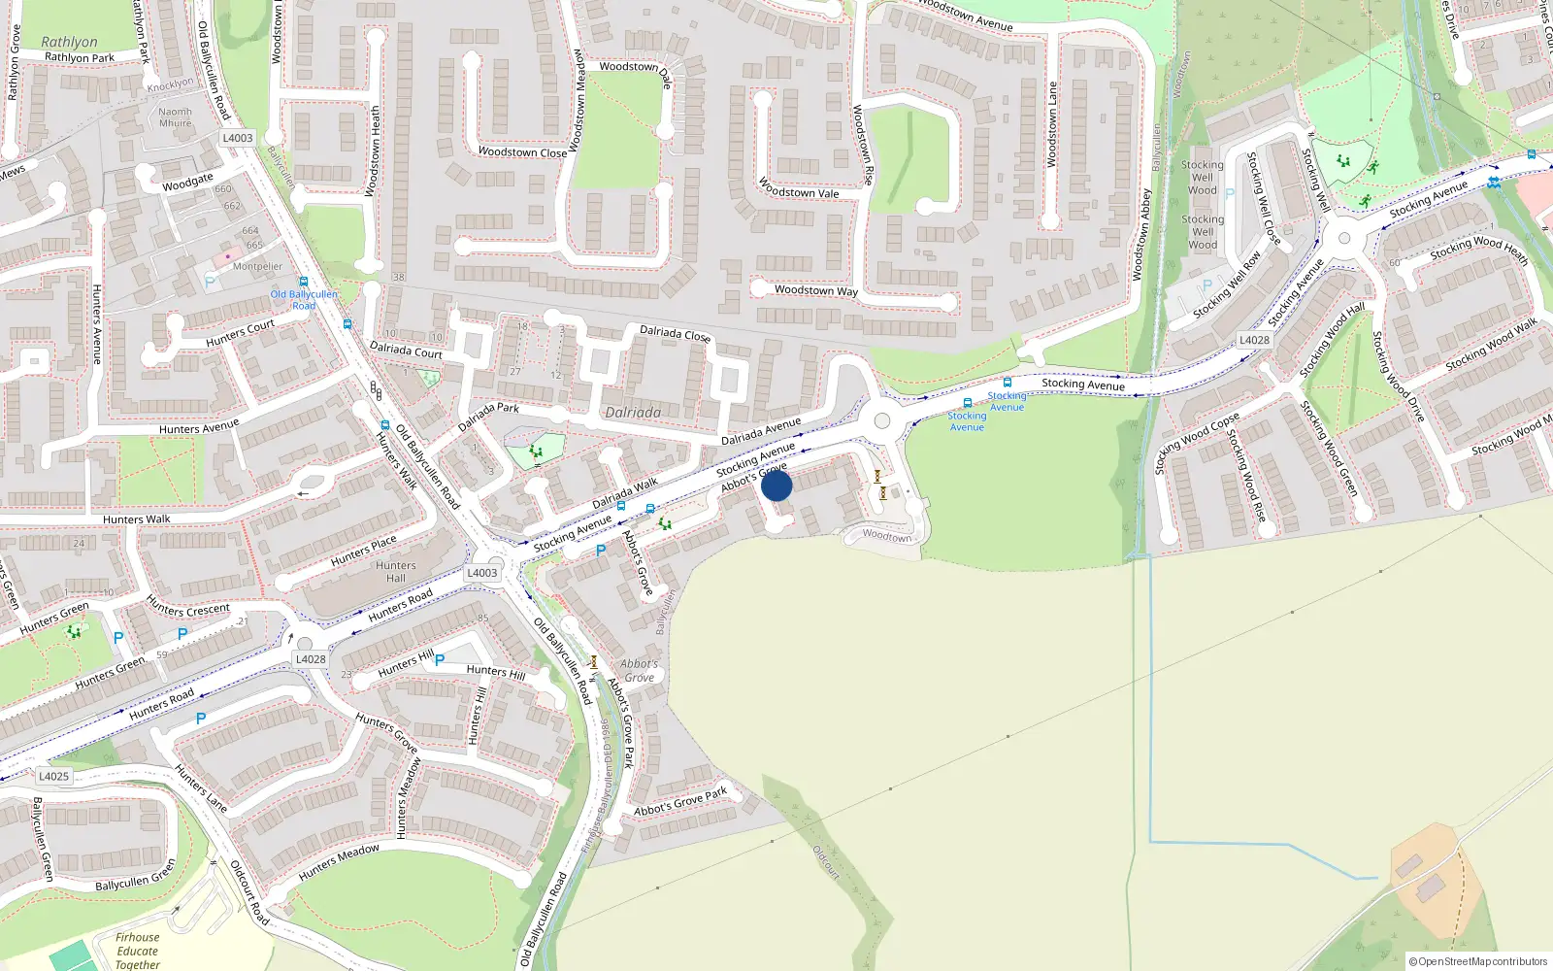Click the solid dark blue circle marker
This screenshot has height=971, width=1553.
(776, 485)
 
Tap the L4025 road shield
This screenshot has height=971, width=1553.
(54, 776)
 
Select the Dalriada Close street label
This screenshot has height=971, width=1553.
(675, 334)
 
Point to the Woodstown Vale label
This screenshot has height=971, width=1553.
(799, 188)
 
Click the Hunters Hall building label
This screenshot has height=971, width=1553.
(396, 572)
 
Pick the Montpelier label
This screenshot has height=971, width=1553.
(257, 266)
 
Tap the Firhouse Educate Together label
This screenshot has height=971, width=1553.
(138, 951)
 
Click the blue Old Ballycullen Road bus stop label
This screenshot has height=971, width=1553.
(304, 299)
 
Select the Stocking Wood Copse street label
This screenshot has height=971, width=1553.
(1197, 443)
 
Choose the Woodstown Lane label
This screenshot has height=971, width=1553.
(1052, 124)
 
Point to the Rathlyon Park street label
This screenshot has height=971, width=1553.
(80, 58)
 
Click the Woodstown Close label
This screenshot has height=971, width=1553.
(522, 152)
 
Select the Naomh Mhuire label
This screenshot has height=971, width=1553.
(176, 117)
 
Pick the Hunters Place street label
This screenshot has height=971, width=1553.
(363, 551)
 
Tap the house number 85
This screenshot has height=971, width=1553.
(482, 619)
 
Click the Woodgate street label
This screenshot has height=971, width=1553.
(187, 182)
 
